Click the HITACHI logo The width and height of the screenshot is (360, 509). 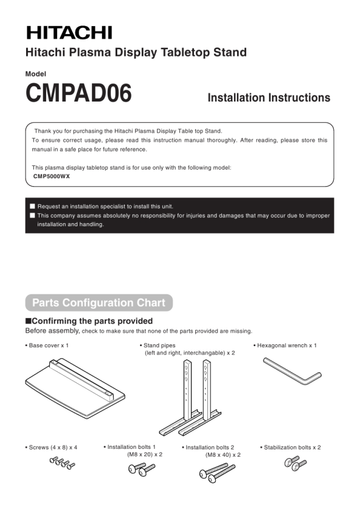tap(69, 33)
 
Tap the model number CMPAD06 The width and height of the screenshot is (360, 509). tap(78, 93)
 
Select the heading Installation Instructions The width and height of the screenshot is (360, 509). tap(269, 97)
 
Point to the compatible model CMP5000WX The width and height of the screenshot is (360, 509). tap(52, 176)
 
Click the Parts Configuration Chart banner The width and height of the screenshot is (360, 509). tap(99, 303)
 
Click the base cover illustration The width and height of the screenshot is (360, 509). tap(75, 387)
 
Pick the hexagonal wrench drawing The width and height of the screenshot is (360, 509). tap(292, 371)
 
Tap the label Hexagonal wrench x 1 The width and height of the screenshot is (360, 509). tap(285, 345)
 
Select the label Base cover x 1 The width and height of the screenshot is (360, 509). tap(47, 345)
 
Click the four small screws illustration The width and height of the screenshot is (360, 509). tap(62, 463)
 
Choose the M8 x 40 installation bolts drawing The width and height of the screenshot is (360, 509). tap(217, 473)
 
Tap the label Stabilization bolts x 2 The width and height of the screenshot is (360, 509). tap(291, 448)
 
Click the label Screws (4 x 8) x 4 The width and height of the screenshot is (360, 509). tap(51, 448)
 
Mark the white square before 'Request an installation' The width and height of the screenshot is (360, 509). tap(32, 206)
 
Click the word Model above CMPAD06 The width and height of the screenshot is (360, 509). tap(36, 74)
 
